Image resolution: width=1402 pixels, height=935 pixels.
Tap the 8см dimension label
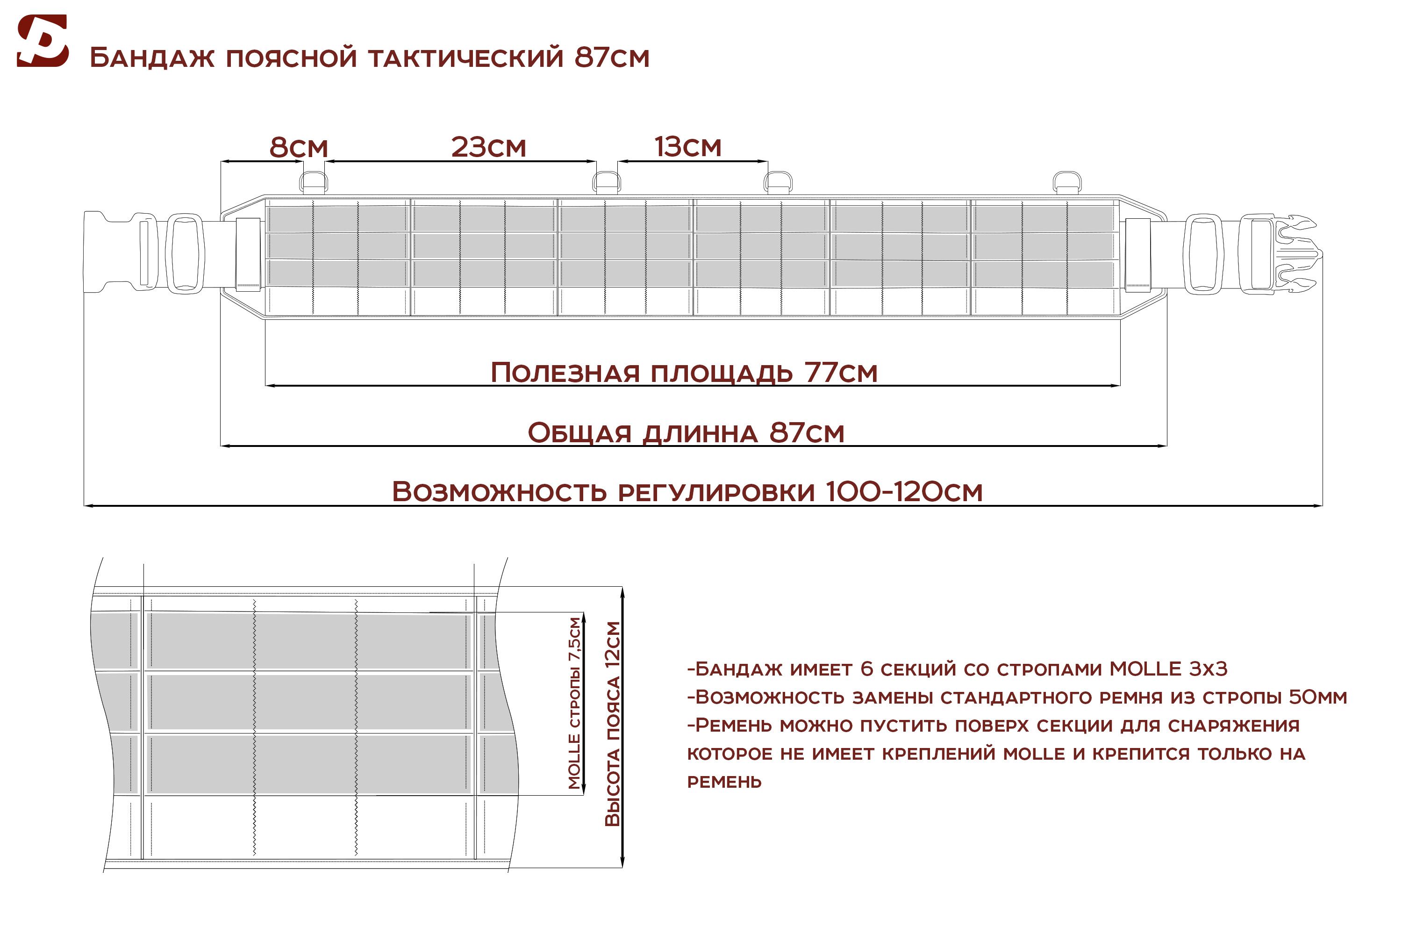click(299, 147)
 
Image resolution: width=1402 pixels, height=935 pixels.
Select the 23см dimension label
click(489, 147)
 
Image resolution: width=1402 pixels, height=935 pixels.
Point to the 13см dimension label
click(688, 147)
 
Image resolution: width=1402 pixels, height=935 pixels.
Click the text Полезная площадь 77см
click(684, 373)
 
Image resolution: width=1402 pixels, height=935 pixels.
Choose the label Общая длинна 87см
click(686, 432)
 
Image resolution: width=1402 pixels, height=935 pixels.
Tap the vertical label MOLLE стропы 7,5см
click(574, 704)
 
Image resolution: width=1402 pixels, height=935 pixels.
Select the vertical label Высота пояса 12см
click(612, 724)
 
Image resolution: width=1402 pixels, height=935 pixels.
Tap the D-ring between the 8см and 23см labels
click(313, 182)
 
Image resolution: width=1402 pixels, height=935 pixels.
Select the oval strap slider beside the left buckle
click(185, 253)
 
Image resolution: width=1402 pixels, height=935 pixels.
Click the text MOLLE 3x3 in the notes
click(1168, 669)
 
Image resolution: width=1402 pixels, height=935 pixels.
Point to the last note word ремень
click(724, 782)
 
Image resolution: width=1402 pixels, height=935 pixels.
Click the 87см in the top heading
click(612, 58)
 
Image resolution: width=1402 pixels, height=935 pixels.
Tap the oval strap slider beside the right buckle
click(1204, 255)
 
